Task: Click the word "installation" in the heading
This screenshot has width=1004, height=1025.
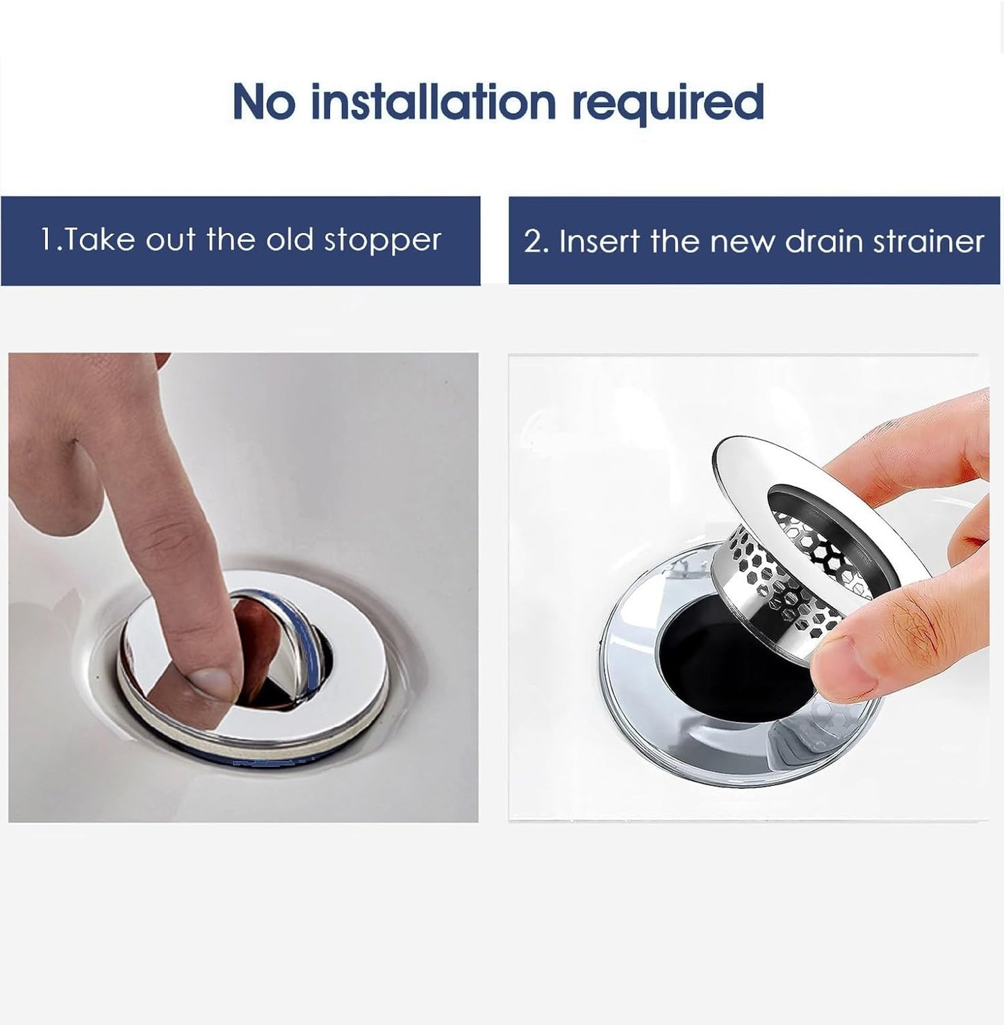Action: (x=433, y=102)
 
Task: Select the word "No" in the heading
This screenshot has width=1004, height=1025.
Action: (x=264, y=102)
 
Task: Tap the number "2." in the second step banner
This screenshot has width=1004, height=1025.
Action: (x=536, y=242)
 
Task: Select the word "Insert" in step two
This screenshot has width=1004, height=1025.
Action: (x=600, y=242)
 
